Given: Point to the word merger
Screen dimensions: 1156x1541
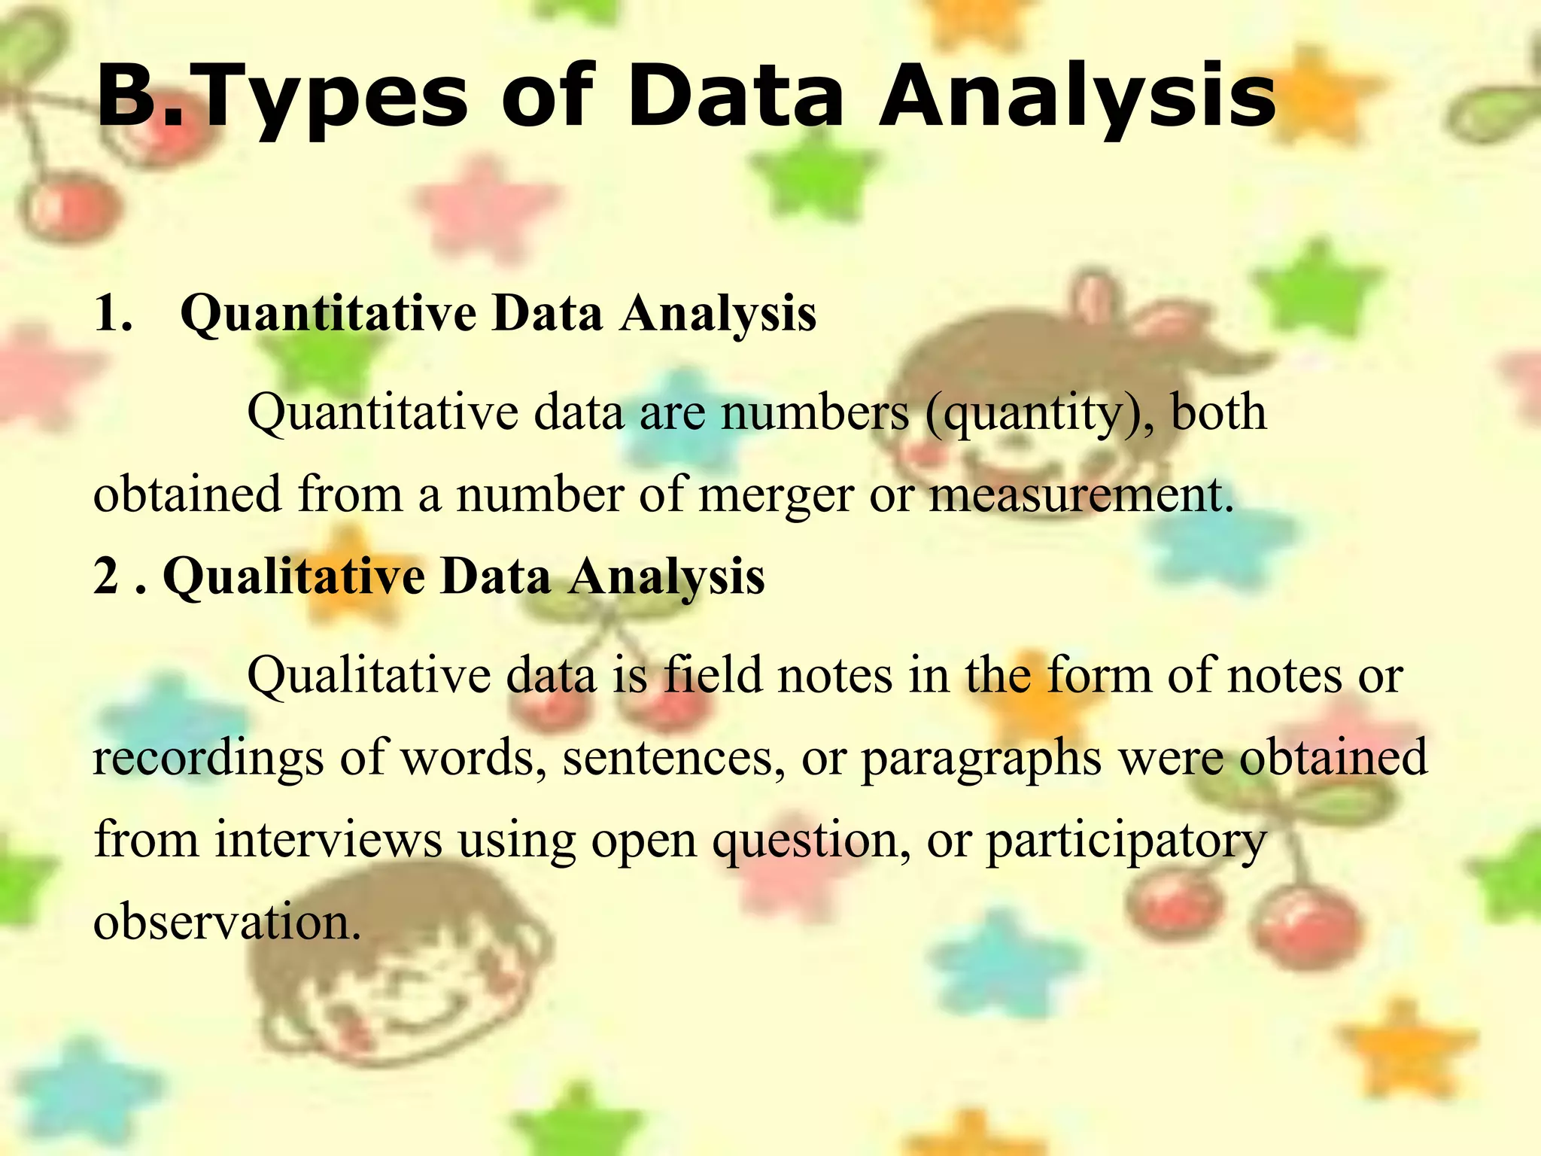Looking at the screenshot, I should click(x=776, y=496).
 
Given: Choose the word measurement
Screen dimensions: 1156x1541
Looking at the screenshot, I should click(x=1081, y=496).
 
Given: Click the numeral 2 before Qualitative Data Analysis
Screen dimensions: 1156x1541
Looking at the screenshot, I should click(x=106, y=576).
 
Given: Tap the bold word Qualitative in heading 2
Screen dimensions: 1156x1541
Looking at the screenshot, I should click(x=294, y=578).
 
